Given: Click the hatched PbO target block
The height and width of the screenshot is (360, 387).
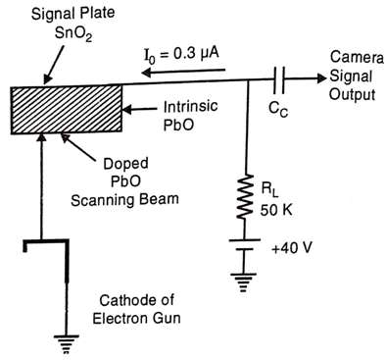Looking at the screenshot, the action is (67, 110).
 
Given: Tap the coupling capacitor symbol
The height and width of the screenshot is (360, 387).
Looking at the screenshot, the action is (278, 78).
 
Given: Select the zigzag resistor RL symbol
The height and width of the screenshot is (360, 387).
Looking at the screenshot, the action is (247, 196).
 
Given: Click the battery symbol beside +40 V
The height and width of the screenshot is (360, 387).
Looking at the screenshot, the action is (245, 244).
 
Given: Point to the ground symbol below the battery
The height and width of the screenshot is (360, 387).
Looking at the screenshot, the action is (243, 283).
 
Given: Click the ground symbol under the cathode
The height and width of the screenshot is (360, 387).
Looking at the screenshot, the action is (67, 344).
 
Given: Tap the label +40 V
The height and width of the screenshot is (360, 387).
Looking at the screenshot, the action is (292, 248).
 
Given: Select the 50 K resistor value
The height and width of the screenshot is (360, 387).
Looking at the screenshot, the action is (276, 210).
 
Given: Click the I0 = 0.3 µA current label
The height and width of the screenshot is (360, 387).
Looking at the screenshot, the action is (181, 55).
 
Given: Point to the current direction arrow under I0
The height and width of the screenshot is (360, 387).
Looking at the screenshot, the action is (183, 71).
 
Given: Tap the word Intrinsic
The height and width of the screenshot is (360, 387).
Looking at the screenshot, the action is (190, 107).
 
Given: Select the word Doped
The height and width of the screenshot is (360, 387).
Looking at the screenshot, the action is (125, 163).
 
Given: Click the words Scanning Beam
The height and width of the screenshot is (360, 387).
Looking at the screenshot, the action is (124, 199).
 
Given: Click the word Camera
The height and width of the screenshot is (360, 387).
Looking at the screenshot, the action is (357, 57).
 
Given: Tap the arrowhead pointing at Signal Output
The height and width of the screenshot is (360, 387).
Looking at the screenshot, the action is (321, 78).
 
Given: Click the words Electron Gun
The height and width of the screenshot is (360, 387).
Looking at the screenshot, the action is (136, 318).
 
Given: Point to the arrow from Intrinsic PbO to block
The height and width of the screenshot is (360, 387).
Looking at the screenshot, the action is (139, 109).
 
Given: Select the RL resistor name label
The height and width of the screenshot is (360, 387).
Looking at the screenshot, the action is (269, 190).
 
